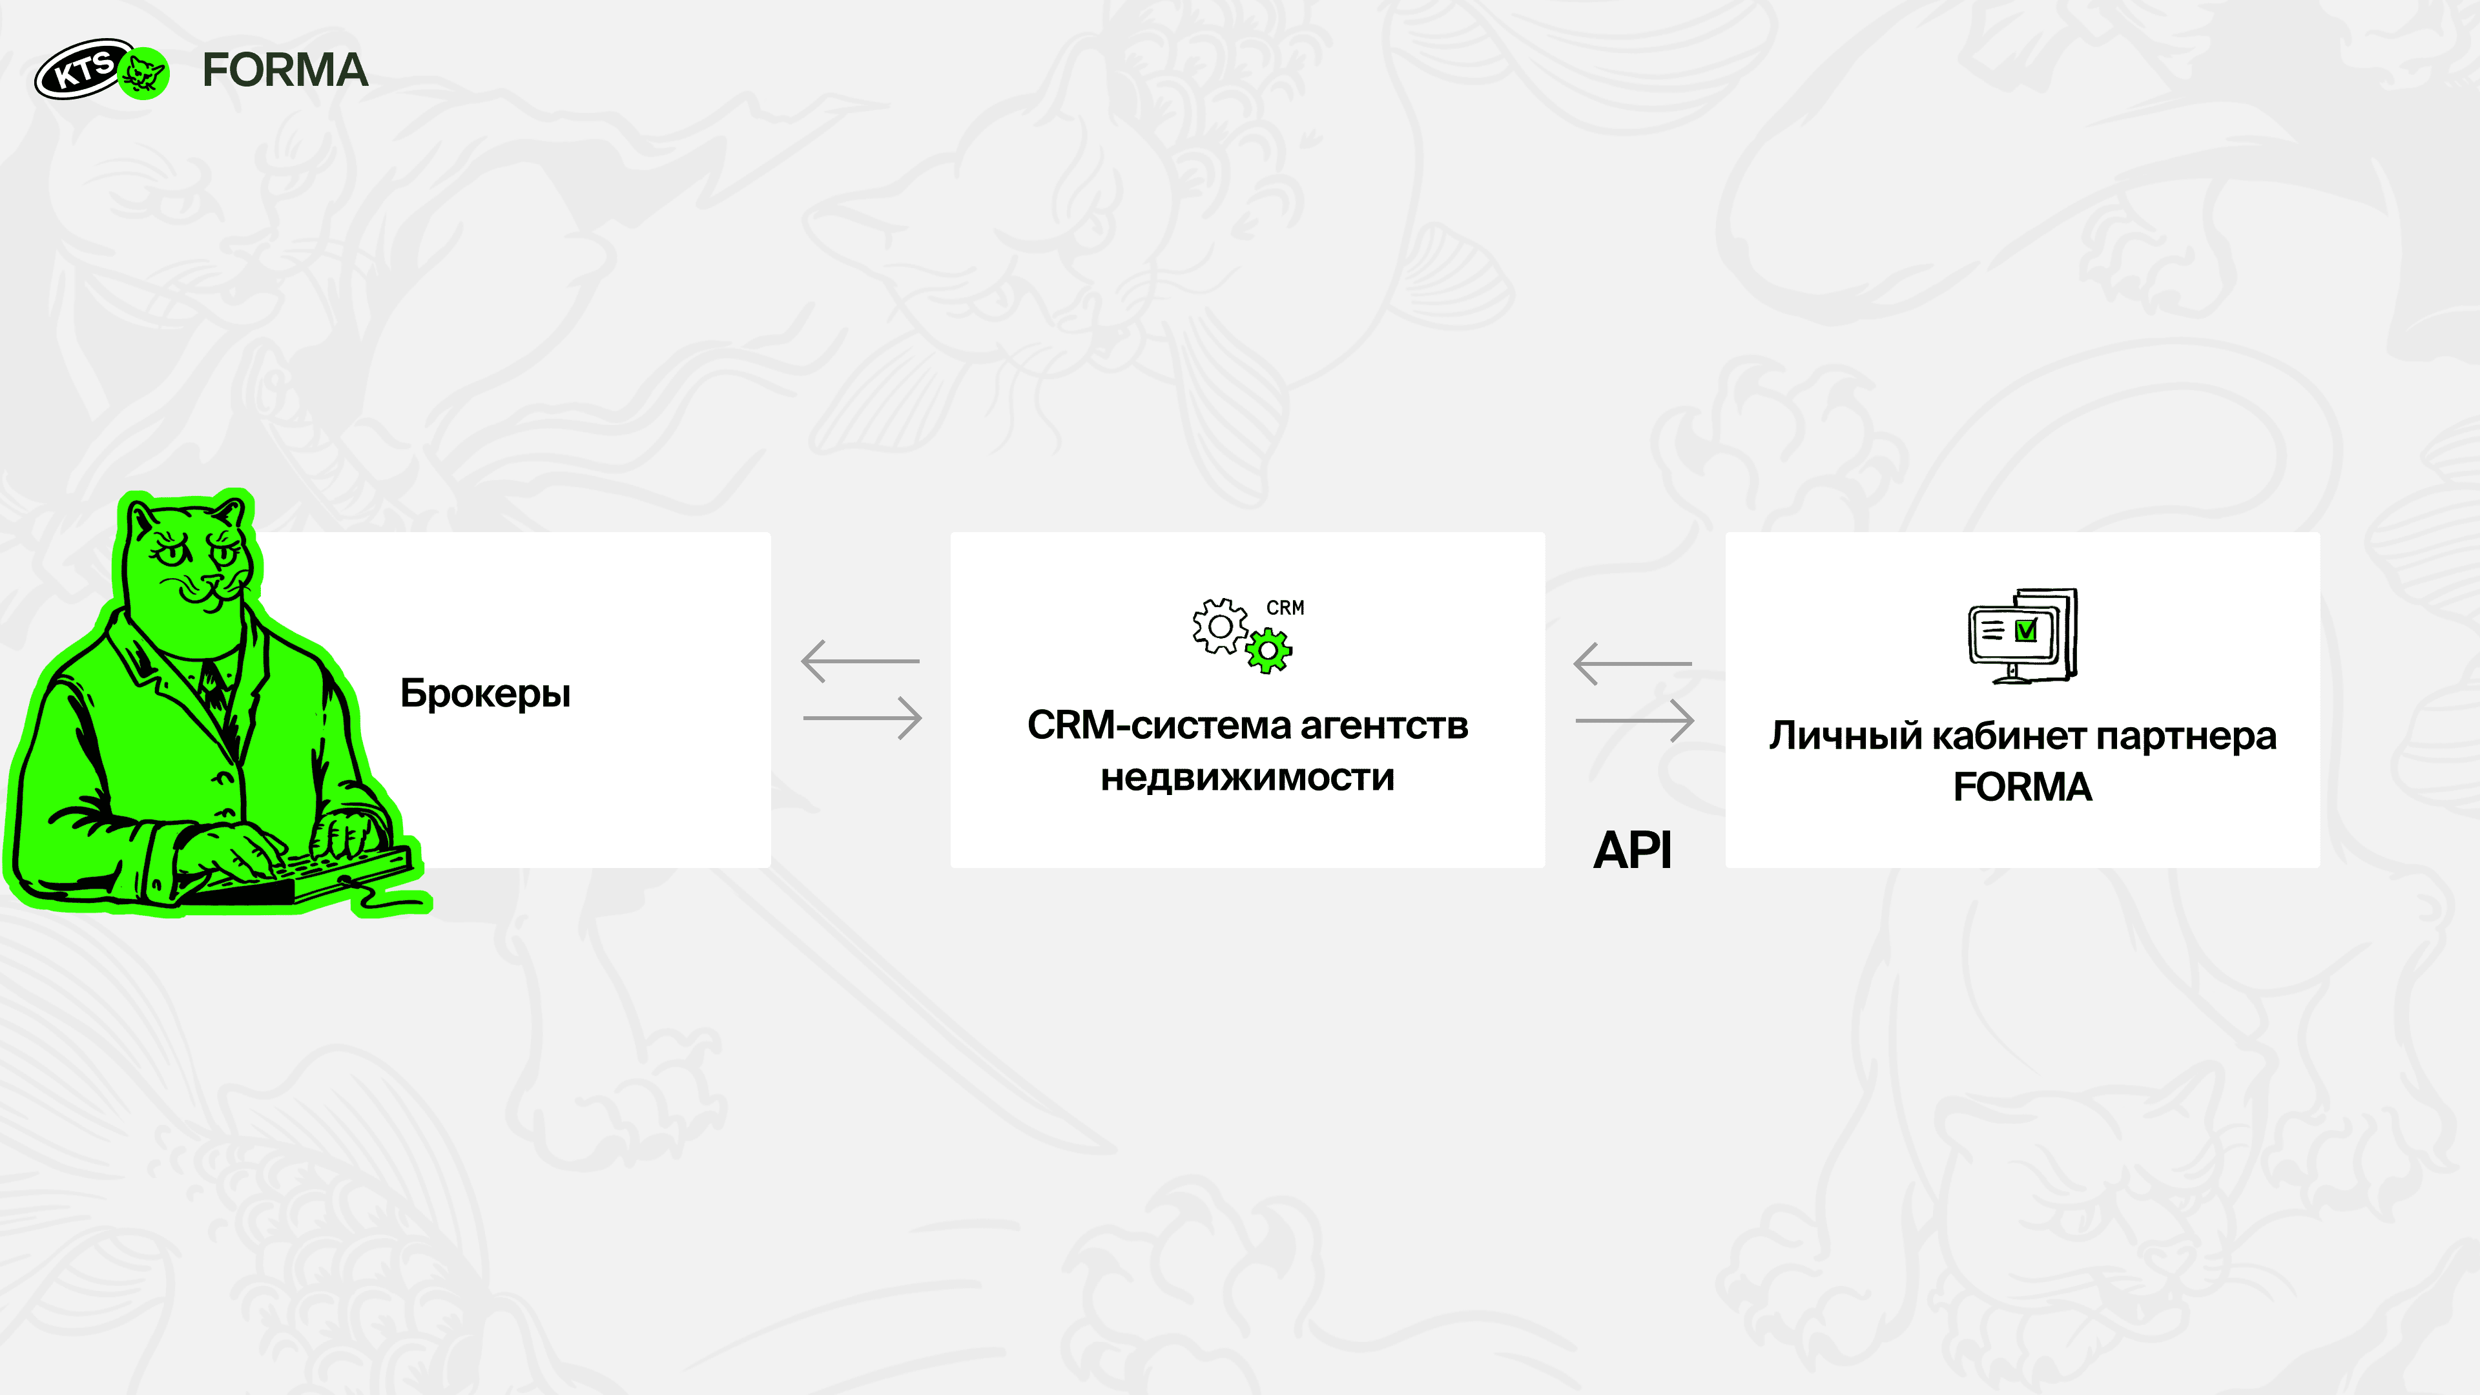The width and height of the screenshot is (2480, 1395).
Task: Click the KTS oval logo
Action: pyautogui.click(x=84, y=68)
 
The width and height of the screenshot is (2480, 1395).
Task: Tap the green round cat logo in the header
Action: pyautogui.click(x=145, y=73)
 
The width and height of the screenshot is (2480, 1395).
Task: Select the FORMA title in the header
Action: pyautogui.click(x=285, y=70)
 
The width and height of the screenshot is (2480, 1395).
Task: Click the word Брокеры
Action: pyautogui.click(x=485, y=693)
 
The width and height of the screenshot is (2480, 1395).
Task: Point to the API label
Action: pyautogui.click(x=1632, y=850)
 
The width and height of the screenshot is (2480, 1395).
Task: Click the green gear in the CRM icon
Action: pyautogui.click(x=1269, y=651)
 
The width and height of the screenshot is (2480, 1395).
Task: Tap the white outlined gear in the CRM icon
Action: pyautogui.click(x=1220, y=626)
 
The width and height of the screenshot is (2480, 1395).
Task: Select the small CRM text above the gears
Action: pyautogui.click(x=1285, y=608)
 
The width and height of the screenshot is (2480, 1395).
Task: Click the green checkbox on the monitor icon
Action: pyautogui.click(x=2025, y=630)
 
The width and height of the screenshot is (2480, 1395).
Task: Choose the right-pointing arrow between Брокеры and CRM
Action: pyautogui.click(x=863, y=718)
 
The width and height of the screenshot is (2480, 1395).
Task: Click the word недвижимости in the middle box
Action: pyautogui.click(x=1248, y=777)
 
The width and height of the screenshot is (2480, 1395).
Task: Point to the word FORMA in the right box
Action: pyautogui.click(x=2023, y=787)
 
